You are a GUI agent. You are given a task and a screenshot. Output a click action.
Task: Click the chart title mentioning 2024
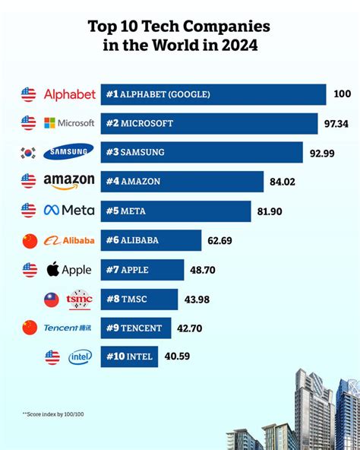pos(179,36)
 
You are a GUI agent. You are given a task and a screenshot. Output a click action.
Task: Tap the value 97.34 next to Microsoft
pos(336,123)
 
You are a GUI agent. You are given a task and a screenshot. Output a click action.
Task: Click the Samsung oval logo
pos(68,152)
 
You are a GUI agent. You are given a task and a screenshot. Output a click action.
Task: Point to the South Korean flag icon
pos(29,152)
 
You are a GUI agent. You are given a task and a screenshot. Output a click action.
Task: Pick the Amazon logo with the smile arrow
pos(68,181)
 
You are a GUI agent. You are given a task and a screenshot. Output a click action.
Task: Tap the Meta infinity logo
pos(68,211)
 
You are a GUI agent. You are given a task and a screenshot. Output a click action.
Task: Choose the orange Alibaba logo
pos(68,240)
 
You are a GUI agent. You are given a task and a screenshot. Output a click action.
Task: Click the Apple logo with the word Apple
pos(68,270)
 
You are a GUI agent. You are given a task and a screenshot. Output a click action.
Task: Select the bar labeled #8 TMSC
pos(140,299)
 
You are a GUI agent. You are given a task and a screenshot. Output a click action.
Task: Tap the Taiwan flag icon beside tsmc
pos(51,299)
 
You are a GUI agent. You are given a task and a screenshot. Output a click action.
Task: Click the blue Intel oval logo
pos(80,357)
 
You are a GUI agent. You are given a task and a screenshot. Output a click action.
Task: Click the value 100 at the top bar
pos(342,94)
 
